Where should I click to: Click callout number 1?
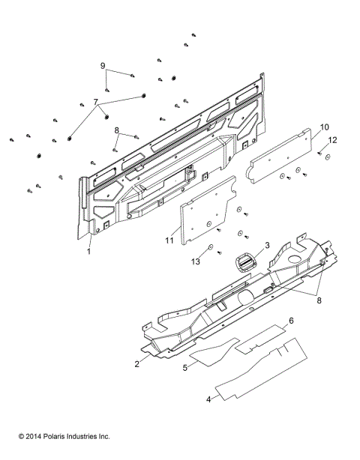coord(88,252)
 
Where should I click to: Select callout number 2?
coord(137,363)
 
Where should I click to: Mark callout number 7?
coord(94,100)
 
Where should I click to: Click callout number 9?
coord(103,66)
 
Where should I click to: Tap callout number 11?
coord(169,240)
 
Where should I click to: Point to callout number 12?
coord(334,140)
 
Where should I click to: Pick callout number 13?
coord(196,261)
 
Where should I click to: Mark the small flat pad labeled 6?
coord(262,337)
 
